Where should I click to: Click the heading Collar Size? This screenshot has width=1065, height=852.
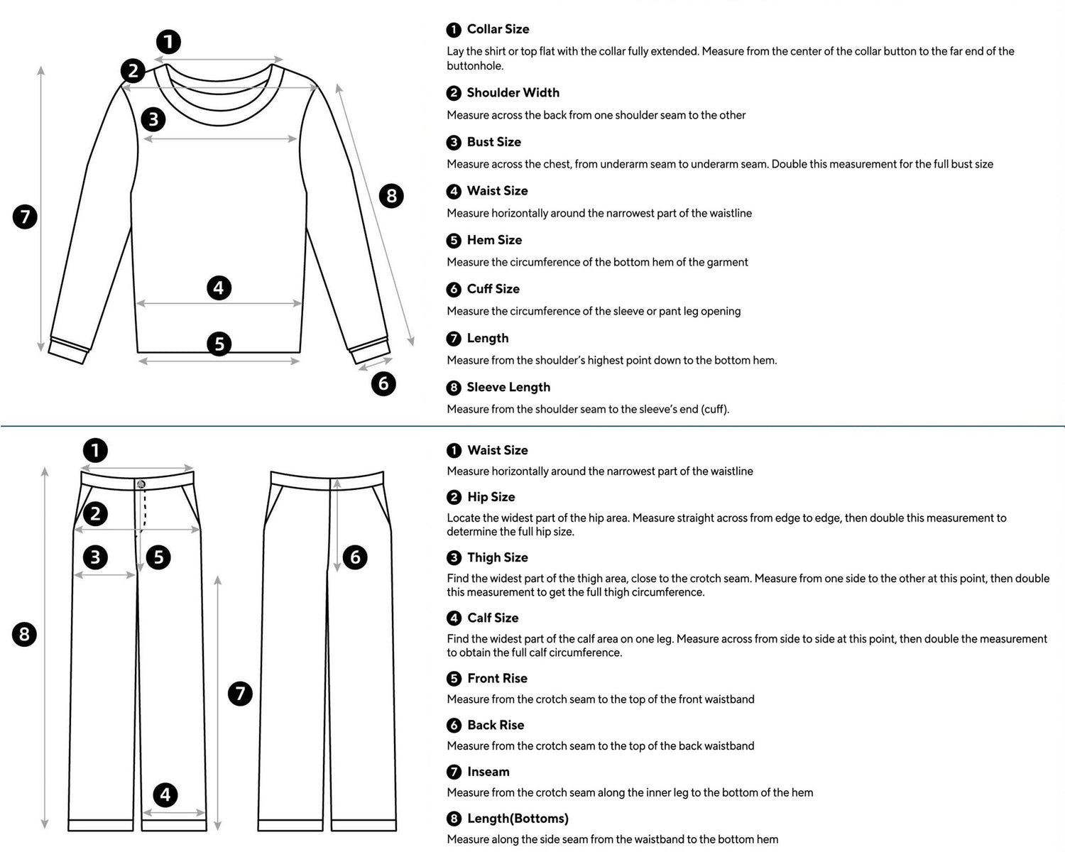498,29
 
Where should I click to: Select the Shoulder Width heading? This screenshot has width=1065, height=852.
513,92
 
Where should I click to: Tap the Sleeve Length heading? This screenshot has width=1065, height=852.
508,387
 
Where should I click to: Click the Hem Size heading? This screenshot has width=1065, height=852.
494,240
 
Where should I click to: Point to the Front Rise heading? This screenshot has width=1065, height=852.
497,678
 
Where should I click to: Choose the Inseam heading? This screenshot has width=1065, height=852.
488,772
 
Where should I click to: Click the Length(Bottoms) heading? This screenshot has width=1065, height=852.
518,819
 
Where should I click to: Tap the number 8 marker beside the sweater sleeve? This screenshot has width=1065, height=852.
391,195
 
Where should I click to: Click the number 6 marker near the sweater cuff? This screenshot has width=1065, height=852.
383,384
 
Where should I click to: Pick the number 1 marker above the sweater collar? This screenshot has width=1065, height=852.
168,42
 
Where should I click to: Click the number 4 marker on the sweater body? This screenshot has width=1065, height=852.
219,288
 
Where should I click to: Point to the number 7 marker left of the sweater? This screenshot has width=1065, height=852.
25,216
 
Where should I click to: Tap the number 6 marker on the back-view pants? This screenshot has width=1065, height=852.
356,557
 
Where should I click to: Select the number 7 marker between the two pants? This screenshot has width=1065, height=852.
240,693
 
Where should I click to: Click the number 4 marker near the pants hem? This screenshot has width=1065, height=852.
165,794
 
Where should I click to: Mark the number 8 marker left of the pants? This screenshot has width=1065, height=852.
25,633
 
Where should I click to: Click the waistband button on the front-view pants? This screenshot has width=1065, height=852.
141,484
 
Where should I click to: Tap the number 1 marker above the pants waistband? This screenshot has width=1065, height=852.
95,450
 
